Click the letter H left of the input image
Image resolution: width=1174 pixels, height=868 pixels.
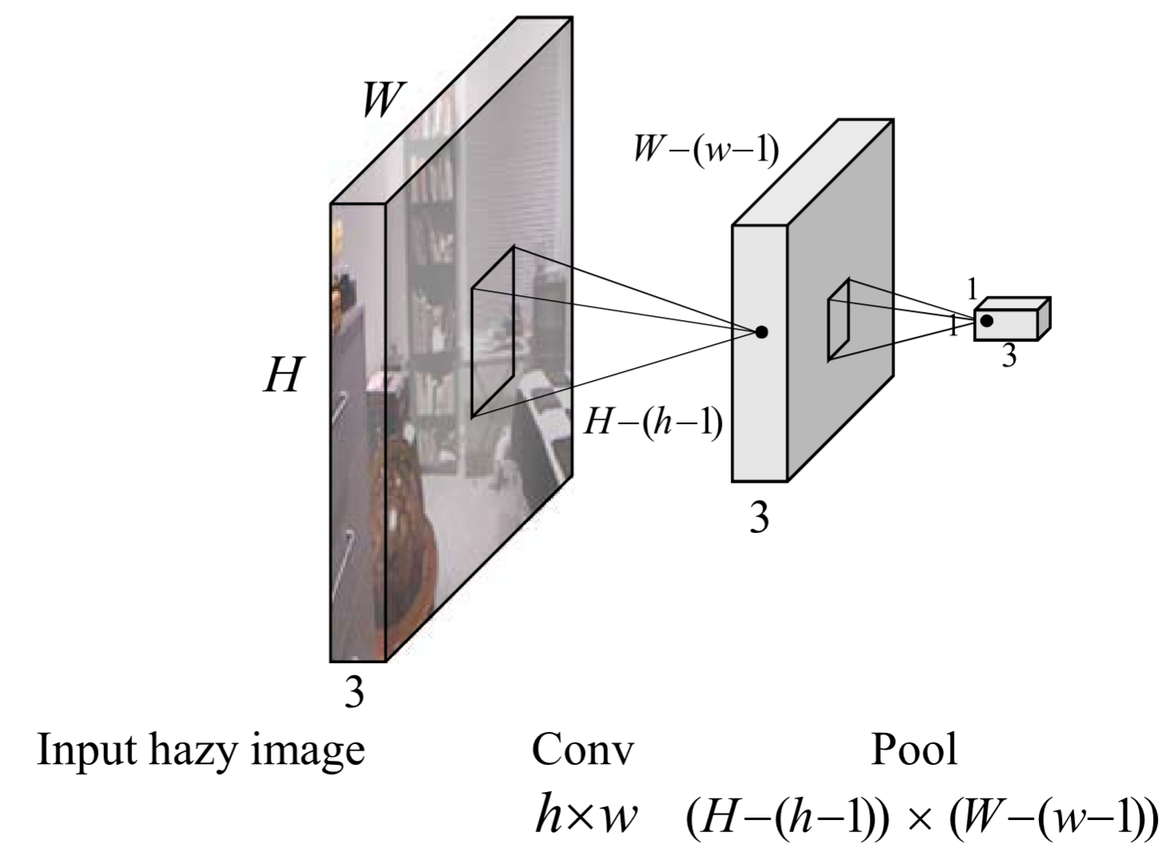282,374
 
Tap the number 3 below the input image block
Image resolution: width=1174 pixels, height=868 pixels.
354,692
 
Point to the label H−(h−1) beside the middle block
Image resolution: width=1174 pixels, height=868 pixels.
653,421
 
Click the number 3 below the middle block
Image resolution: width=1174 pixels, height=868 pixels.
758,518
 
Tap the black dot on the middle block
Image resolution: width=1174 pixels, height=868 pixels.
761,332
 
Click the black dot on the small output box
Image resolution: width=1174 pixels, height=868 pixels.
987,320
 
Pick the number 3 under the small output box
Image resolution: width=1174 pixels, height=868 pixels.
1009,356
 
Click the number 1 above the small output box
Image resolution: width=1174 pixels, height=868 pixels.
972,289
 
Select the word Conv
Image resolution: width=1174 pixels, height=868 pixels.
582,750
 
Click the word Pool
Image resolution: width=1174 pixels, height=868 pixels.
913,750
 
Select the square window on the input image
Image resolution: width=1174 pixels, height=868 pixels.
492,332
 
